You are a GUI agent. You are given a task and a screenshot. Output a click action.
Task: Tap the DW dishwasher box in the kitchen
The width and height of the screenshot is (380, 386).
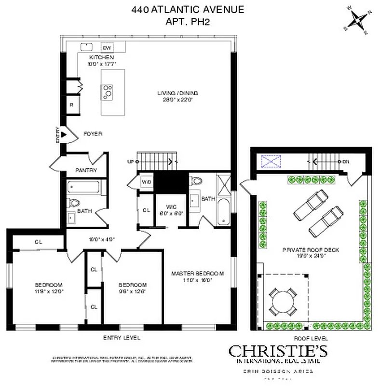tap(107, 47)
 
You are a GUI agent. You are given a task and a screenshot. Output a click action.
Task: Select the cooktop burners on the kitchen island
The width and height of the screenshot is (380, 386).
tap(107, 91)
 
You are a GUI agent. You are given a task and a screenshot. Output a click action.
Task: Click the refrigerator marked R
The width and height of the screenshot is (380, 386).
tap(72, 105)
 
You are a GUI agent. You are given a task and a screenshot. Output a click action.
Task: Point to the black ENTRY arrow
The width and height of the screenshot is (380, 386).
tap(63, 131)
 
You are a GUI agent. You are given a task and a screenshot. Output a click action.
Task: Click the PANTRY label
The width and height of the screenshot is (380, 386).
tap(86, 170)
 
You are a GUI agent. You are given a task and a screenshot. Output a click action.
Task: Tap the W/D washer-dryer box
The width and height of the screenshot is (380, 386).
tap(146, 181)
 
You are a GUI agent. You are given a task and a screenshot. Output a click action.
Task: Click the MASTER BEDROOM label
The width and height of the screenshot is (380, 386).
tap(198, 274)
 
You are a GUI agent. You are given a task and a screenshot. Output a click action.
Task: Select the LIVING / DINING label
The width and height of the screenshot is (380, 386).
tap(178, 93)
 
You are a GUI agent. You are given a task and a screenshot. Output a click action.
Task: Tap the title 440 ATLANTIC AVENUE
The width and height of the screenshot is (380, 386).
tap(188, 9)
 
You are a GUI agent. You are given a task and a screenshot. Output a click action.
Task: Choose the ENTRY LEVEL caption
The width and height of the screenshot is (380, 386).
tap(122, 338)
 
